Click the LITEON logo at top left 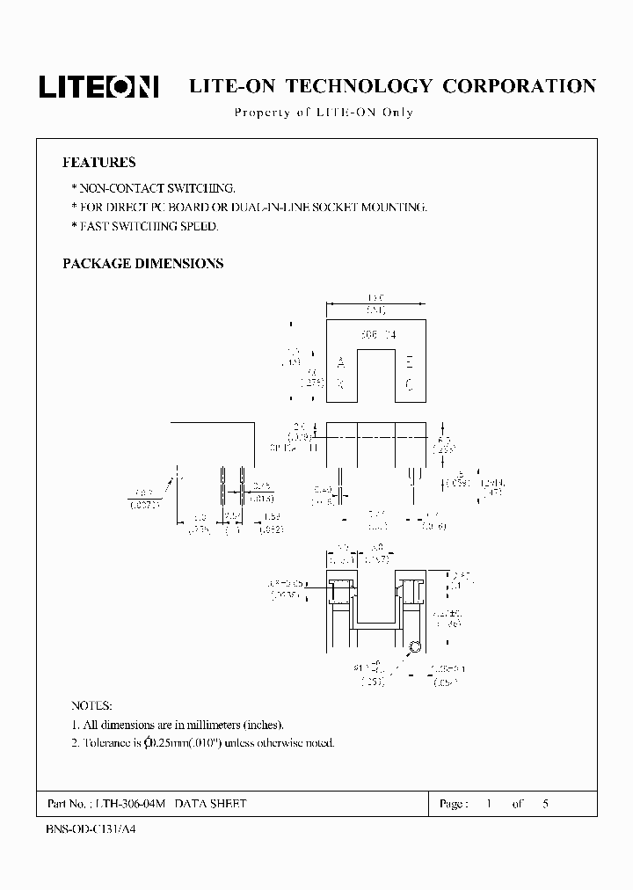98,86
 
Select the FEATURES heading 98,163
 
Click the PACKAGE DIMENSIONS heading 142,264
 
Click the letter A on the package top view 341,362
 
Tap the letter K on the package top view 341,383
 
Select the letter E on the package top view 409,362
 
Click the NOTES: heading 91,706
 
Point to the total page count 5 546,804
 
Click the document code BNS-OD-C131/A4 89,829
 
